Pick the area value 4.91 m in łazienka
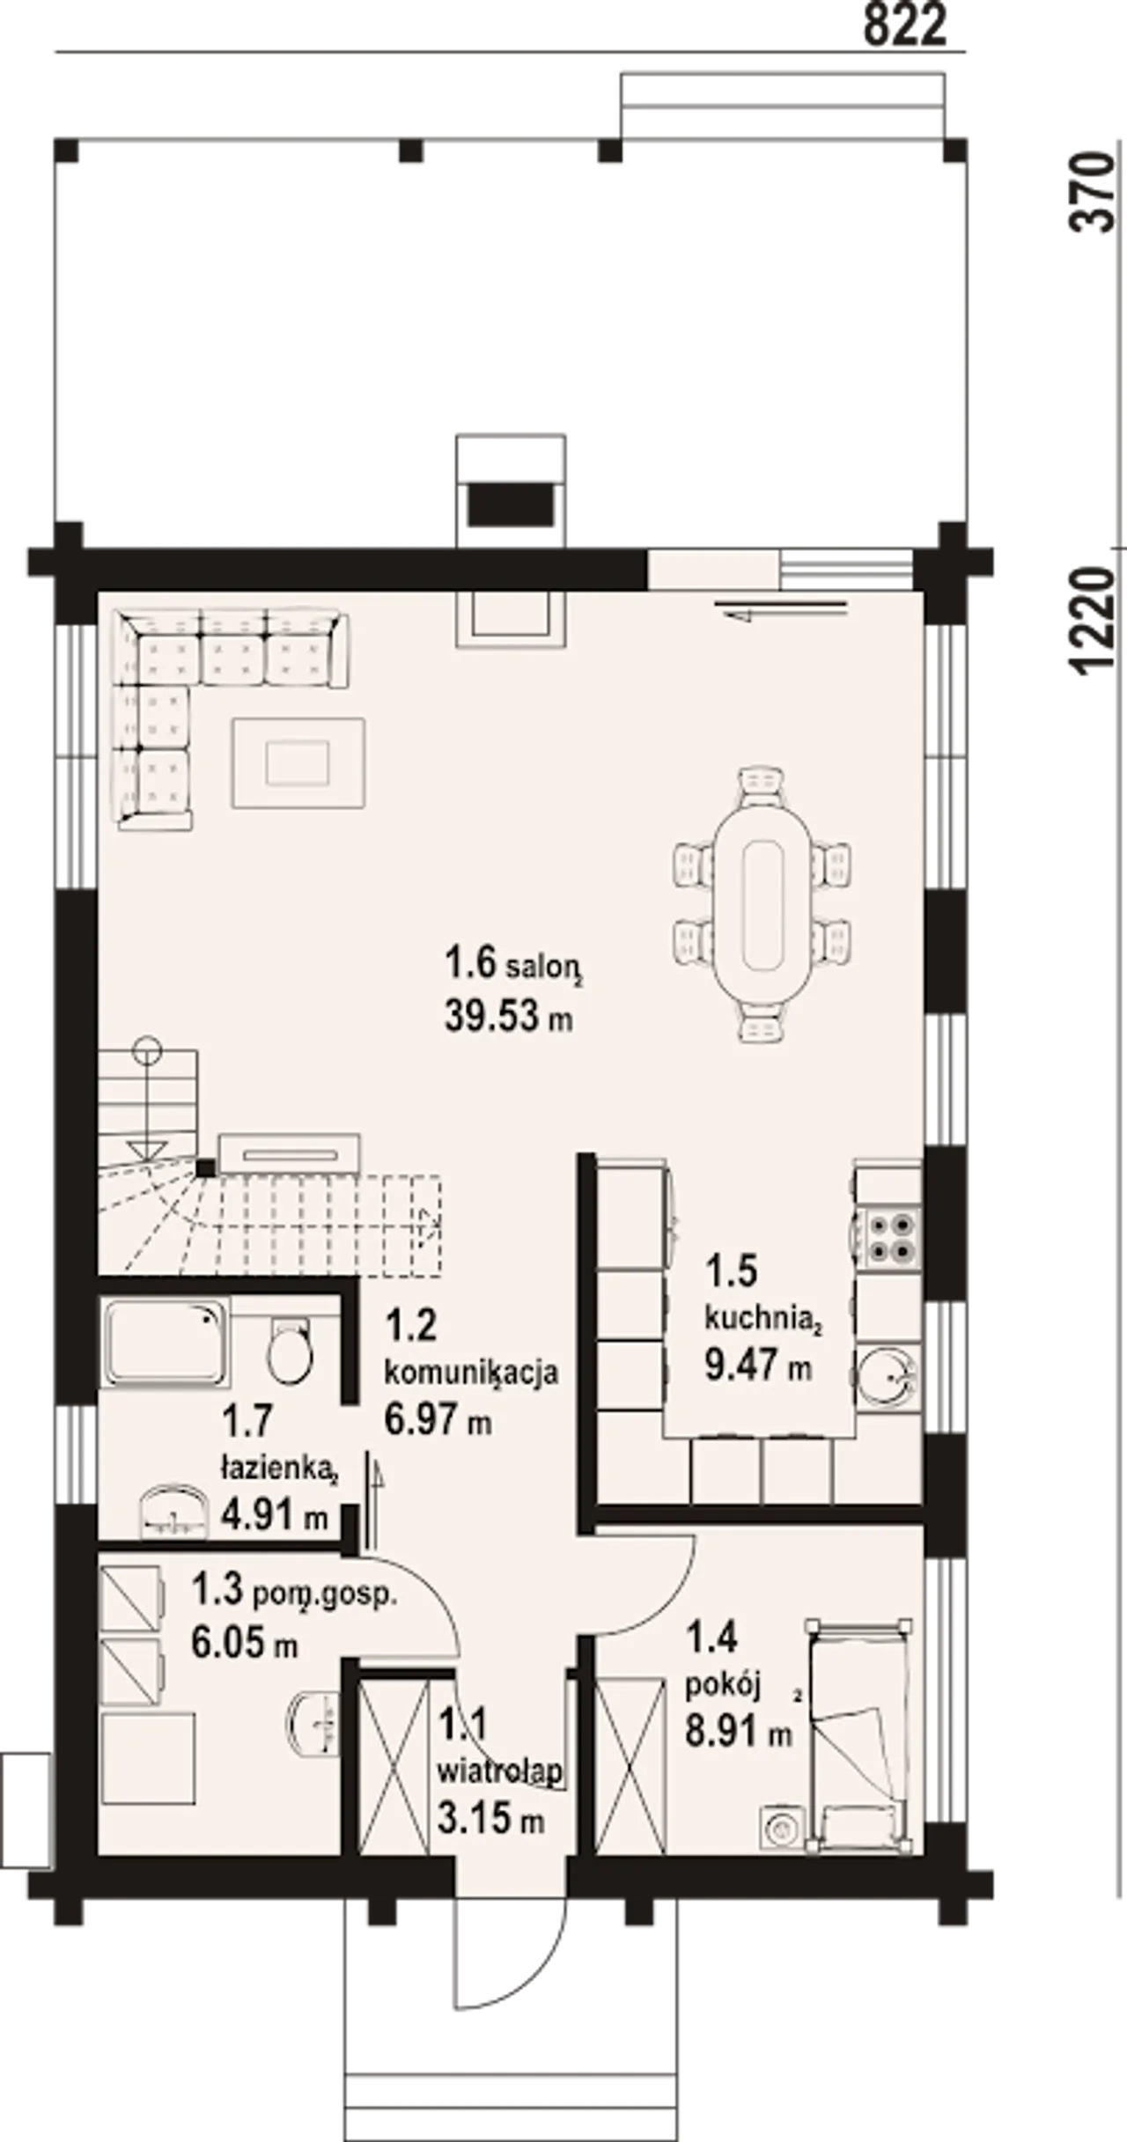click(x=274, y=1515)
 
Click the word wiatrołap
click(x=500, y=1769)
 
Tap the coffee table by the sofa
click(x=298, y=762)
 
